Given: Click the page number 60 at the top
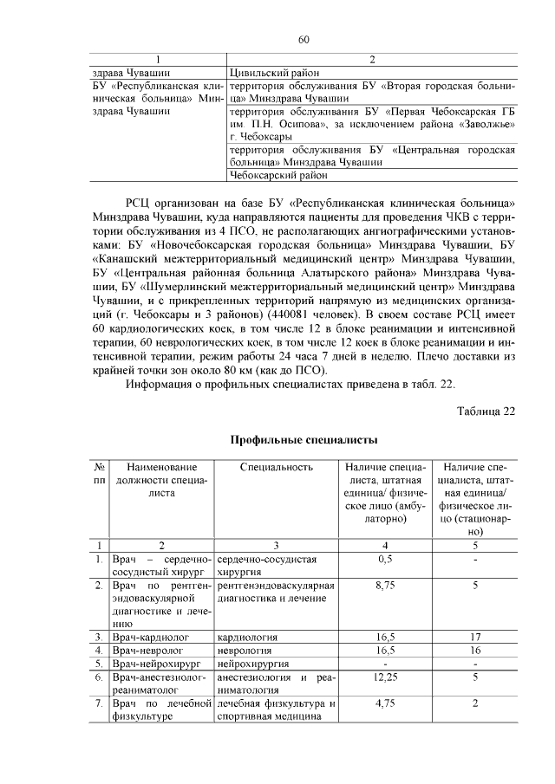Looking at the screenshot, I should click(304, 39).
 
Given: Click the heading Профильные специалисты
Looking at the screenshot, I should click(303, 440).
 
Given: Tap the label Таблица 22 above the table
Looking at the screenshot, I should click(486, 411).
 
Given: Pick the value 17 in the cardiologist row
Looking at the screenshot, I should click(475, 637).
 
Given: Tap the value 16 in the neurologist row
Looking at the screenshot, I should click(475, 650).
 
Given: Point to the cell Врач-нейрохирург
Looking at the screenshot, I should click(153, 664).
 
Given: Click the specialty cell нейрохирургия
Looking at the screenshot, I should click(253, 664).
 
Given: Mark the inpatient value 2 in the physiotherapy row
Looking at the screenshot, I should click(475, 704).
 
